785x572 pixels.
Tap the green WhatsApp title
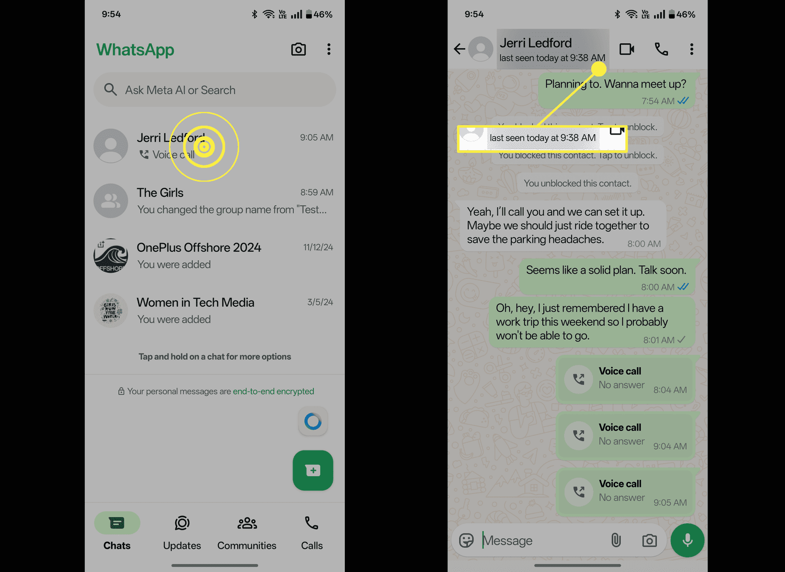point(135,50)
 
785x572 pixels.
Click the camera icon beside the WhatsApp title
point(298,49)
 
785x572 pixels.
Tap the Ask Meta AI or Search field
point(215,90)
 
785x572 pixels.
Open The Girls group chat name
point(160,193)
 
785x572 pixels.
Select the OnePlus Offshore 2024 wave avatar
point(111,256)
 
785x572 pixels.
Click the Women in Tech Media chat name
point(195,302)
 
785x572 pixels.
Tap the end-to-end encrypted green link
point(273,391)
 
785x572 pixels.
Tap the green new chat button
point(313,470)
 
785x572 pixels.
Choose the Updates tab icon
point(182,523)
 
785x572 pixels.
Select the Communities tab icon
point(247,523)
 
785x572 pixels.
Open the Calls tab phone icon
point(312,523)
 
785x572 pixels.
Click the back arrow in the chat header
point(459,49)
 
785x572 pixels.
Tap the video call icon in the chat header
point(627,49)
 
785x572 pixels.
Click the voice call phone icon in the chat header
point(661,49)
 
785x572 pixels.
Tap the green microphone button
point(688,540)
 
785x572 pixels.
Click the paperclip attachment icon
point(616,540)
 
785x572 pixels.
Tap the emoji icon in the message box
point(466,540)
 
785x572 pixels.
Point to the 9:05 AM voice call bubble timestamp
point(670,503)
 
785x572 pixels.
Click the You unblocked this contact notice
point(577,183)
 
